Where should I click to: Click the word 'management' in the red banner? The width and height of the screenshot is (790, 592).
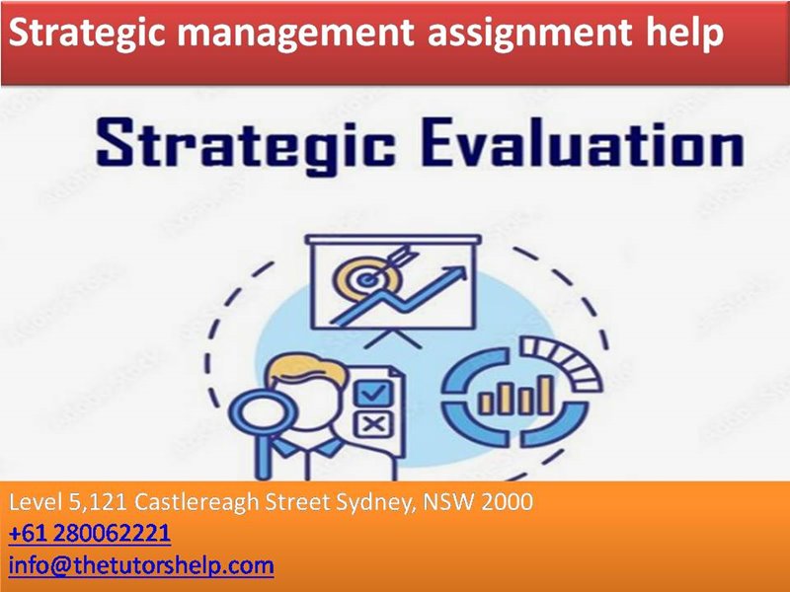coord(294,35)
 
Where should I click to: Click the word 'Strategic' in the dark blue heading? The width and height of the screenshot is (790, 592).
coord(245,143)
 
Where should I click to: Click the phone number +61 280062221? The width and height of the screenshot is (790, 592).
coord(90,534)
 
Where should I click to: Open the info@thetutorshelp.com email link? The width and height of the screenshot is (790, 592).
coord(141,565)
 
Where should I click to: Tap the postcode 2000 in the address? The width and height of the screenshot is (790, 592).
coord(507,501)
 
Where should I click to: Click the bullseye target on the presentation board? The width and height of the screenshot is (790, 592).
coord(367,278)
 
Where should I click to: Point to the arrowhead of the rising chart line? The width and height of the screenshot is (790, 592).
coord(455,274)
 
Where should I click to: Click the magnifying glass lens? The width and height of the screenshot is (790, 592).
coord(258,411)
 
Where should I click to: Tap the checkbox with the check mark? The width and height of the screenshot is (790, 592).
coord(373,392)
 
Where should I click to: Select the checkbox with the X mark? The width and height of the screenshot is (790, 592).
coord(373,425)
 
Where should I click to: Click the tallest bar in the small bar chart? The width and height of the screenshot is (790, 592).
coord(545,395)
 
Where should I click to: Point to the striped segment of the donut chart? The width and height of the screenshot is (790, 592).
coord(561,360)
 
